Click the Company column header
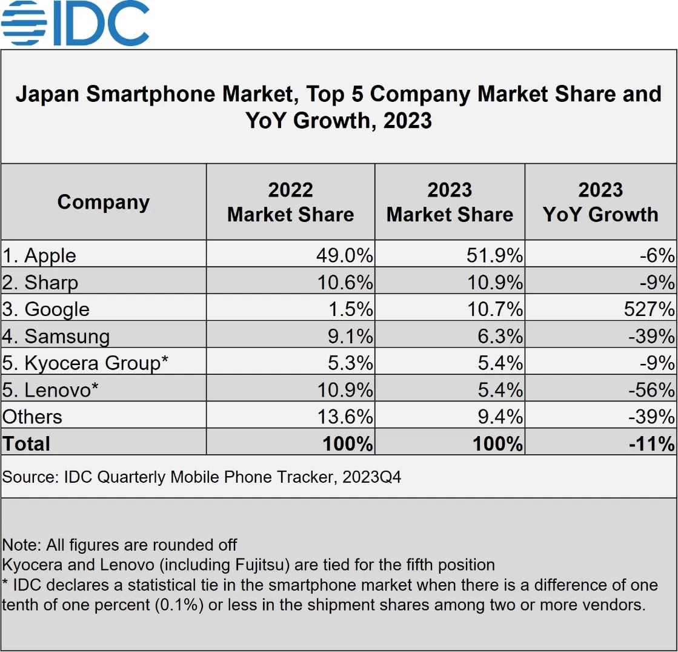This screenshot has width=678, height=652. coord(103,202)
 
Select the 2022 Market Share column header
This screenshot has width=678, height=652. coord(290,202)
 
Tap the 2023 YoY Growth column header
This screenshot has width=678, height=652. coord(600,202)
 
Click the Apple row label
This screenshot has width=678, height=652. coord(39,255)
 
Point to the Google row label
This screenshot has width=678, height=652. coord(46,309)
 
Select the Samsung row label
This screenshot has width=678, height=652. coord(56,336)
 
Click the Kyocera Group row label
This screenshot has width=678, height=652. coord(85,363)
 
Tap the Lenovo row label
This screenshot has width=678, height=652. coord(50,389)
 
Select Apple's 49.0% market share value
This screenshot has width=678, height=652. coord(344,255)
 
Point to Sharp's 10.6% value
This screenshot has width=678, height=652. coord(344,283)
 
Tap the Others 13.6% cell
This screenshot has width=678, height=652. coord(344,417)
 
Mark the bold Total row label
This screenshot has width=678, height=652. coord(27,443)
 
